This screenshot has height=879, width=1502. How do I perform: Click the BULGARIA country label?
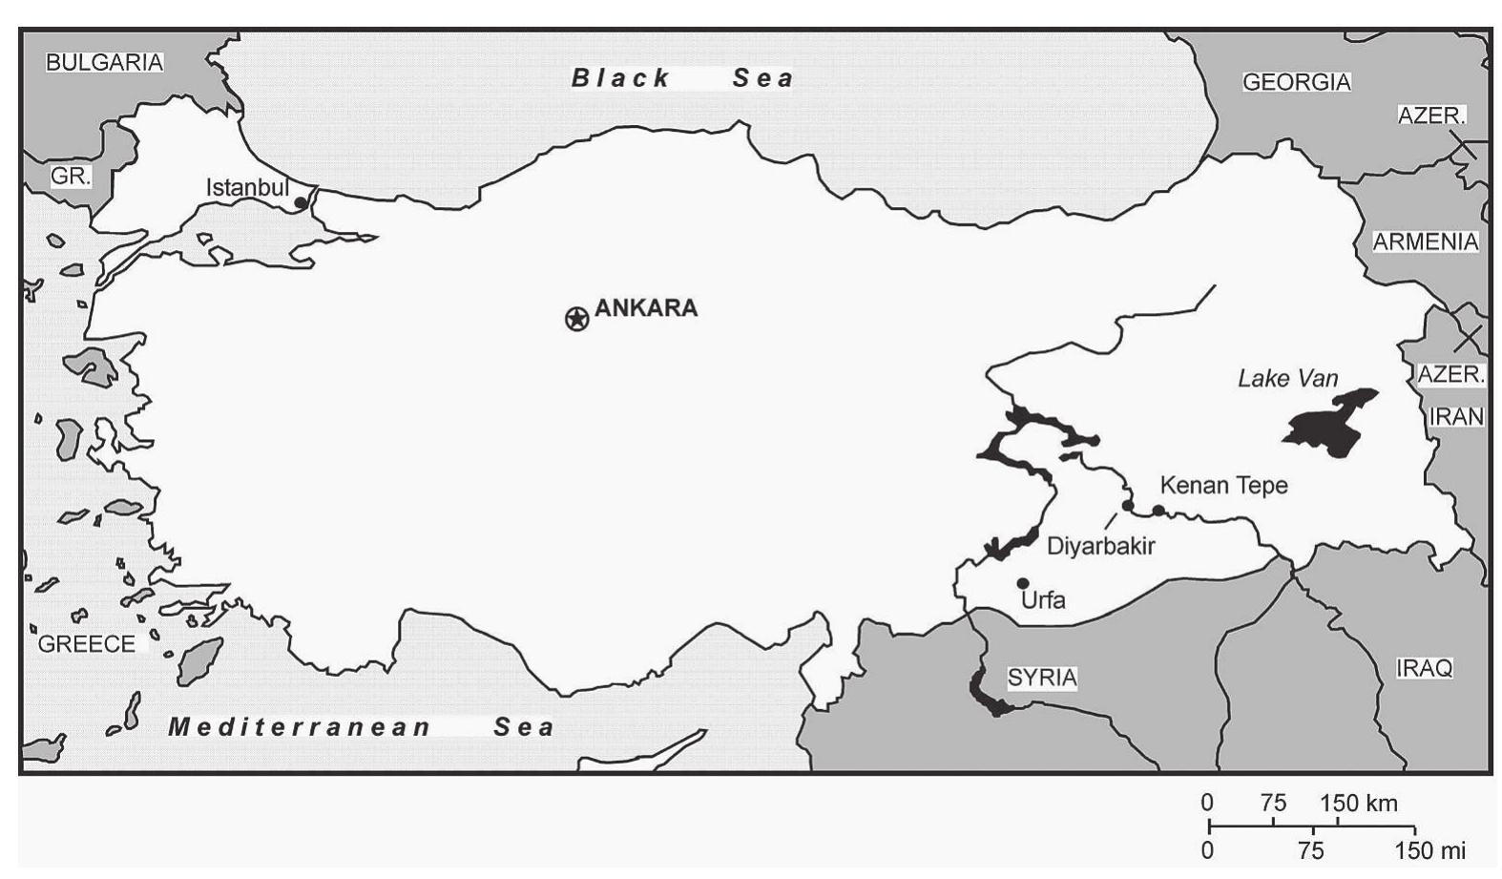[x=105, y=62]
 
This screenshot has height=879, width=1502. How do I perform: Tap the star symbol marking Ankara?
[x=577, y=319]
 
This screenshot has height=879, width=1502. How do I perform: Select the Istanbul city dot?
[x=301, y=202]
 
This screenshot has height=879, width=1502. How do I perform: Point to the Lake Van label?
[x=1287, y=379]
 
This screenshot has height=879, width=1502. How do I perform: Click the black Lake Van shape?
[x=1328, y=426]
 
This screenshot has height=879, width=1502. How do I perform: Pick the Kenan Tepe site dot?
[x=1158, y=511]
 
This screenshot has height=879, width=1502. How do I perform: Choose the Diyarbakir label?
[x=1100, y=547]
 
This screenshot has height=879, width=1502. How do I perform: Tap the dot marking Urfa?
[x=1023, y=583]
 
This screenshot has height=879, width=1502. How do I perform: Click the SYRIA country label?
[x=1042, y=678]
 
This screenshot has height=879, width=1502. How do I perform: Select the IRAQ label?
[x=1424, y=668]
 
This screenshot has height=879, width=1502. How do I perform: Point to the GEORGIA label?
[x=1296, y=82]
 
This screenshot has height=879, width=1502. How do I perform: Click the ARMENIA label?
[x=1425, y=242]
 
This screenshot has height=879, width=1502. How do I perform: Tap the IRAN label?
[x=1456, y=417]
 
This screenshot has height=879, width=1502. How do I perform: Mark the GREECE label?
[x=87, y=644]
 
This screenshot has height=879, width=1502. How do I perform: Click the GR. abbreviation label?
[x=71, y=177]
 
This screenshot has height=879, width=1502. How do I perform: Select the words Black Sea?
[x=681, y=78]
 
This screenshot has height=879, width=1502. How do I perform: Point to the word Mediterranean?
[x=300, y=727]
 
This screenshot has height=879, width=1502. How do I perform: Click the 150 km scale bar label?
[x=1358, y=804]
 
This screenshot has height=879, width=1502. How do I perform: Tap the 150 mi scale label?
[x=1429, y=850]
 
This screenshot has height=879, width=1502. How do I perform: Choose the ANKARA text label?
[x=646, y=308]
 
